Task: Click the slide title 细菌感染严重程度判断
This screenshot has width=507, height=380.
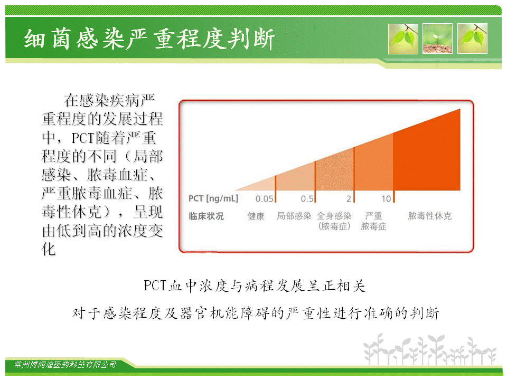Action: pyautogui.click(x=149, y=39)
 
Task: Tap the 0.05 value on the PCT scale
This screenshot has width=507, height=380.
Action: pyautogui.click(x=264, y=199)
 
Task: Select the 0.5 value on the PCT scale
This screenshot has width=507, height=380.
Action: pyautogui.click(x=307, y=199)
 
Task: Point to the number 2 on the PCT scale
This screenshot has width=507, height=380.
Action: pyautogui.click(x=349, y=199)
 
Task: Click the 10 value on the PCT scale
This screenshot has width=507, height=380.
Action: pyautogui.click(x=386, y=199)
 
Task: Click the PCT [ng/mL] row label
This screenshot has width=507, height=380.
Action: pyautogui.click(x=213, y=198)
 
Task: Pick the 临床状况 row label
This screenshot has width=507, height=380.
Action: pyautogui.click(x=206, y=216)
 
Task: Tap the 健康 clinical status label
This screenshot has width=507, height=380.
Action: pyautogui.click(x=256, y=216)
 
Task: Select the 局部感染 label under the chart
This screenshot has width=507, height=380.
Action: pyautogui.click(x=294, y=216)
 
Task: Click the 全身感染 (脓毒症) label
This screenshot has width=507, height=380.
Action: pyautogui.click(x=334, y=221)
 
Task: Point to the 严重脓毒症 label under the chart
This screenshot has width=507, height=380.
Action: pyautogui.click(x=373, y=221)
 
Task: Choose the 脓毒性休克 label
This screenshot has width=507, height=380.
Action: pyautogui.click(x=430, y=216)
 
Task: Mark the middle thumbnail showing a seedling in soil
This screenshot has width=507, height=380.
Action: pyautogui.click(x=437, y=39)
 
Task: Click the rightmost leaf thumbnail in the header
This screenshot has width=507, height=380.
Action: pyautogui.click(x=472, y=39)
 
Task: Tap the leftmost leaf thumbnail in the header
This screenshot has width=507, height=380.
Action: pyautogui.click(x=403, y=39)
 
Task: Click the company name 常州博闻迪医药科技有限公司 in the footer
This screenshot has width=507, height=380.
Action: pyautogui.click(x=65, y=365)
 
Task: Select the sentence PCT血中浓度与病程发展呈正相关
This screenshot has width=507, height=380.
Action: pyautogui.click(x=255, y=286)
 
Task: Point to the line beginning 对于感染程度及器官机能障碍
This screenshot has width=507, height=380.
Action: pyautogui.click(x=256, y=313)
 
